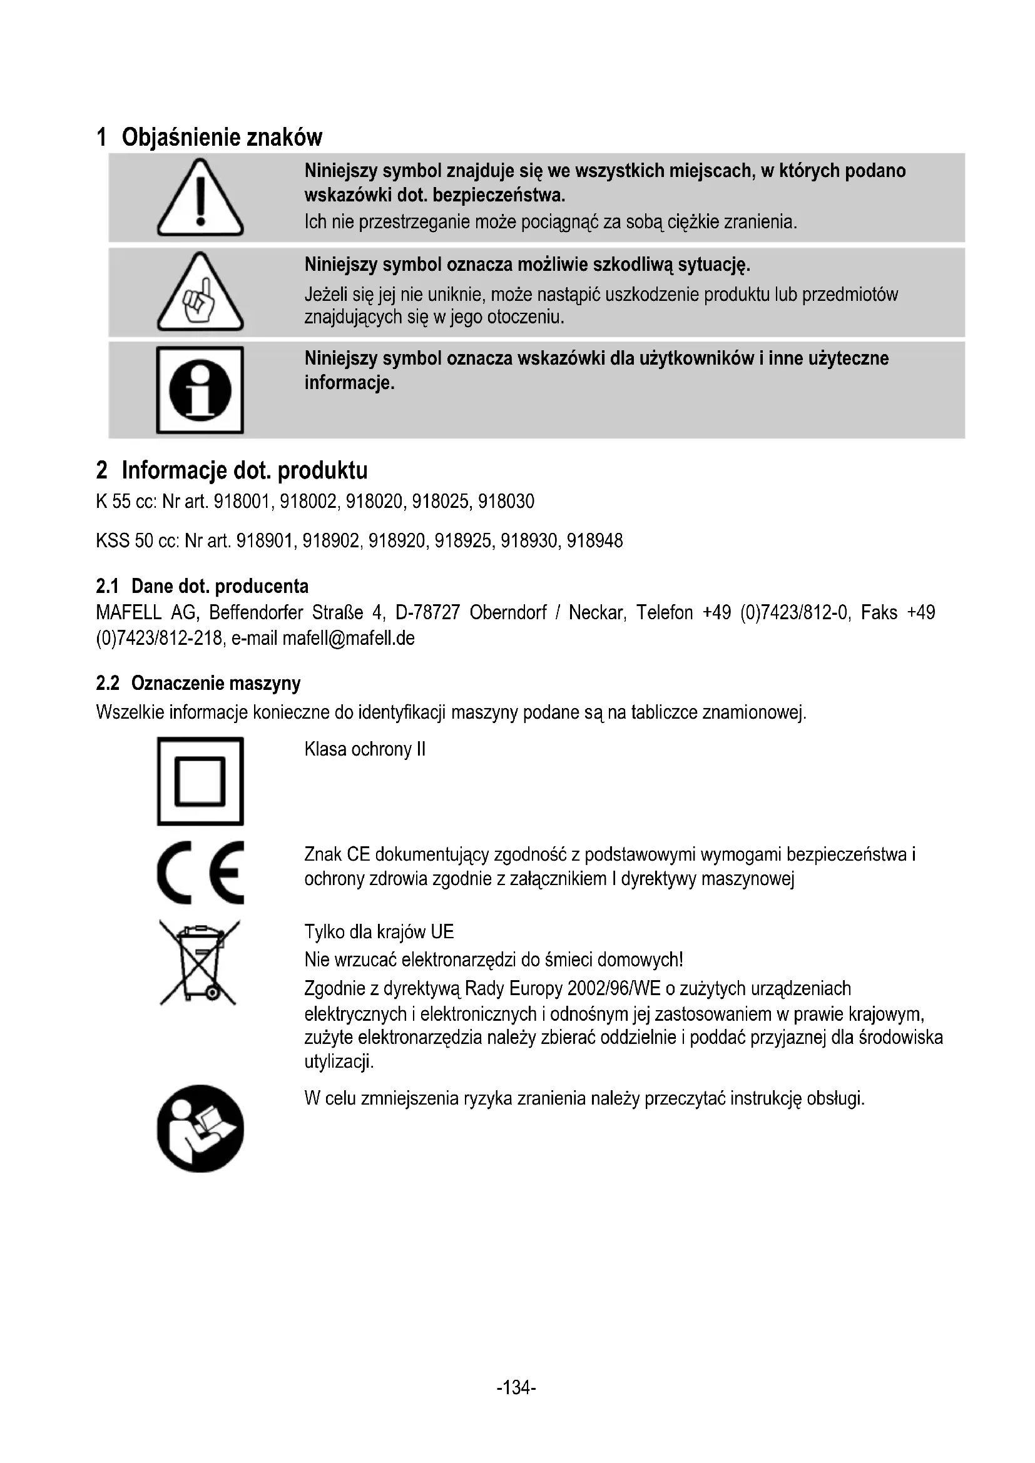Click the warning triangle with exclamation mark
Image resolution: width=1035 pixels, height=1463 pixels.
coord(200,198)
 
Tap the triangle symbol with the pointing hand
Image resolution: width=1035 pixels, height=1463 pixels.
coord(200,293)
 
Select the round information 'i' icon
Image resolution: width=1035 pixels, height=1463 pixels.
coord(200,389)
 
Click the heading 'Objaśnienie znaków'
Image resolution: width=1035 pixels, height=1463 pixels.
coord(222,137)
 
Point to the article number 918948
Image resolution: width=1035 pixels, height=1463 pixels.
coord(594,541)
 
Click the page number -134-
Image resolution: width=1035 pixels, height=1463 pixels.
coord(516,1387)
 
